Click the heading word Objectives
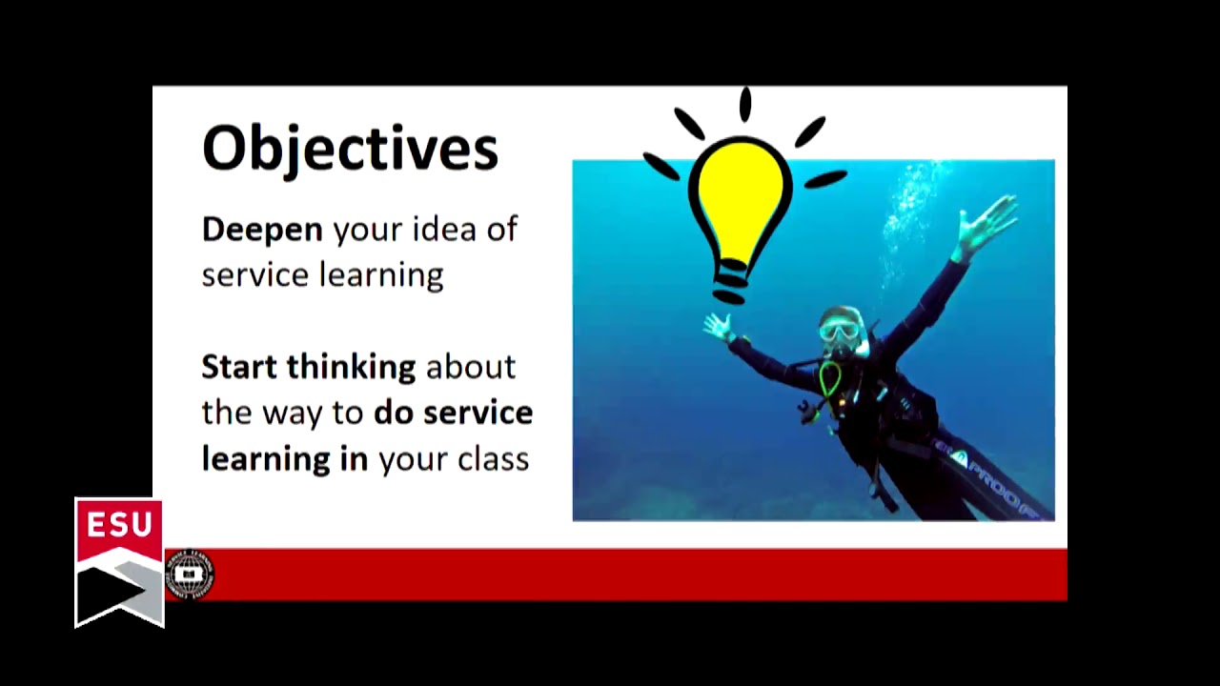coord(350,149)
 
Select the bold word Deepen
coord(262,231)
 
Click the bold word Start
coord(239,367)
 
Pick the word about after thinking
coord(470,367)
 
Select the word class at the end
coord(493,459)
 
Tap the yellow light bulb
coord(741,195)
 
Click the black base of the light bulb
coord(732,282)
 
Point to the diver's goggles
coord(838,332)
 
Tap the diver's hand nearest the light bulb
coord(717,328)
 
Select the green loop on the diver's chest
coord(830,380)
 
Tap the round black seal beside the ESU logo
coord(190,575)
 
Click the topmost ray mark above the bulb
coord(745,105)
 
